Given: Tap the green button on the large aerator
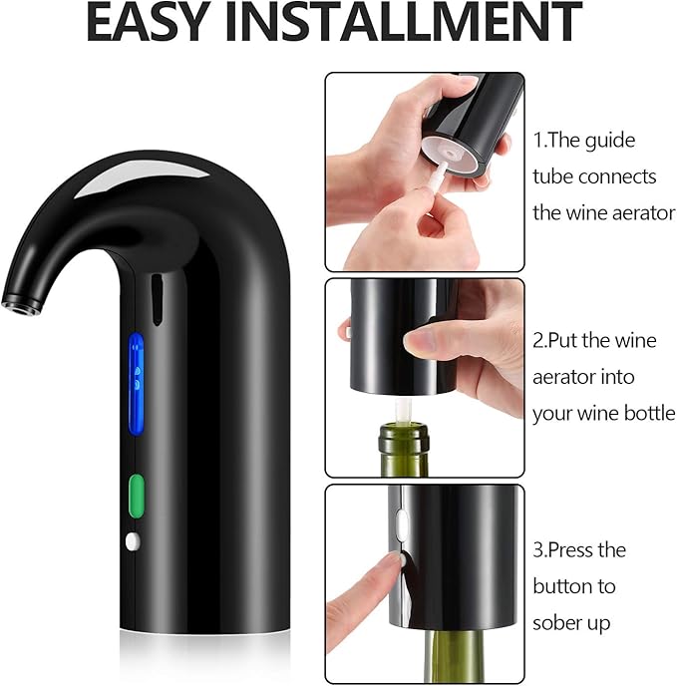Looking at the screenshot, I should (137, 494).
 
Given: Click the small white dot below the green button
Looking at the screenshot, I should (133, 541).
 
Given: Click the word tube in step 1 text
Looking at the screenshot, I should (552, 176).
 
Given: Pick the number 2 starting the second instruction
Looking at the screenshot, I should (537, 340).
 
